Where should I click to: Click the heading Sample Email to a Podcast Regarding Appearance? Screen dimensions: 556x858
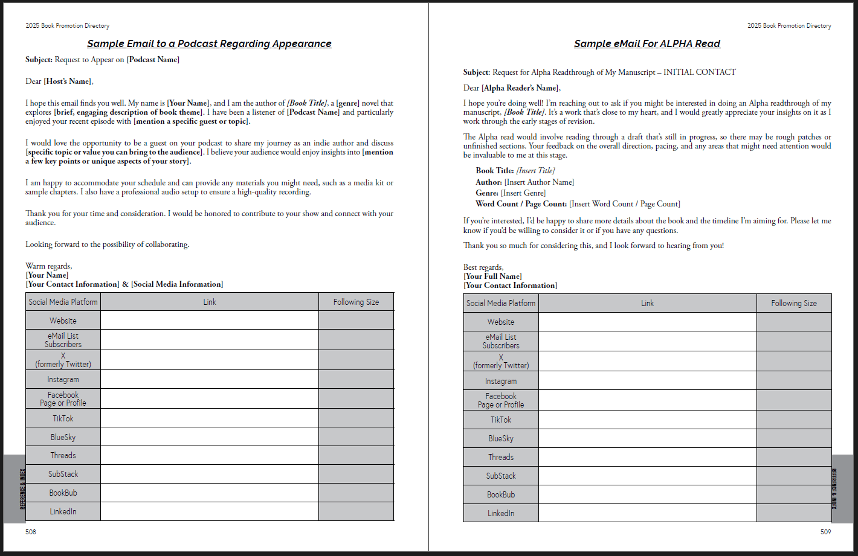pos(209,43)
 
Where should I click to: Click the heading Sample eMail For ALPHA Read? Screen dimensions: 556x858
pos(647,43)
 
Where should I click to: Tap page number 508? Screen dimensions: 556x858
pos(31,532)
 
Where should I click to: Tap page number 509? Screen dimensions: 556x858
pos(825,532)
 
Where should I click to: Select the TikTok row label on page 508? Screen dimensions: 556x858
pos(63,418)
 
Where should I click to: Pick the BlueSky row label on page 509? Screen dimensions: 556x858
pos(501,438)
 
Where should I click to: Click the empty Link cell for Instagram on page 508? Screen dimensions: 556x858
pos(209,379)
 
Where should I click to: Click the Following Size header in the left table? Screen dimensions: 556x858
pos(356,302)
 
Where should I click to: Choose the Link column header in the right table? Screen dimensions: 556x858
pos(647,303)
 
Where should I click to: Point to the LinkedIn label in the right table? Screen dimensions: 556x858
pos(501,513)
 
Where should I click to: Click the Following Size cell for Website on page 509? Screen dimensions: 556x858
pos(794,322)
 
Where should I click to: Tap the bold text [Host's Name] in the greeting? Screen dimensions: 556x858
pos(68,81)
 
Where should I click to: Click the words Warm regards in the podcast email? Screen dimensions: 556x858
pos(48,266)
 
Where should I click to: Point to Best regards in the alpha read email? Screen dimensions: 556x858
pos(483,267)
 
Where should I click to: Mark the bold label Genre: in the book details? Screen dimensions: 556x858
pos(487,193)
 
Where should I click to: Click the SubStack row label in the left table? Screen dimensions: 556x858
pos(63,474)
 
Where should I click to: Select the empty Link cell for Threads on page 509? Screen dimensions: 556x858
pos(647,457)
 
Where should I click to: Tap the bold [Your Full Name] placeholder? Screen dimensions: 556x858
pos(492,276)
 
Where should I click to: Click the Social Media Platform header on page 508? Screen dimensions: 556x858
pos(63,302)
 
